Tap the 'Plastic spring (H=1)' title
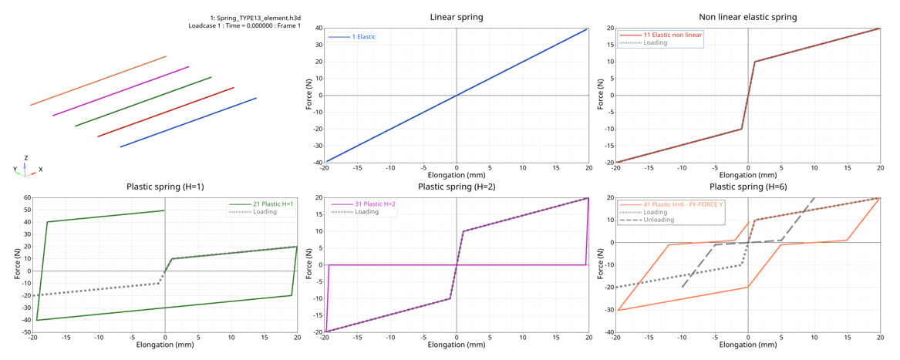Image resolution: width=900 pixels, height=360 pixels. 165,187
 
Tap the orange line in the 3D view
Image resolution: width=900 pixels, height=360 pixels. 98,80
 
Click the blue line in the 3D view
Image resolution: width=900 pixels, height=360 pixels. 188,122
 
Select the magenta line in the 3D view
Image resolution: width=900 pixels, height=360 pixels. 120,91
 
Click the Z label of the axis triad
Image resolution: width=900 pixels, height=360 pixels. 25,157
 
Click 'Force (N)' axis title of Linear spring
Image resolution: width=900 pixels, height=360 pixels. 308,96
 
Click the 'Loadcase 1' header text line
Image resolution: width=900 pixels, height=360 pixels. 244,25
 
